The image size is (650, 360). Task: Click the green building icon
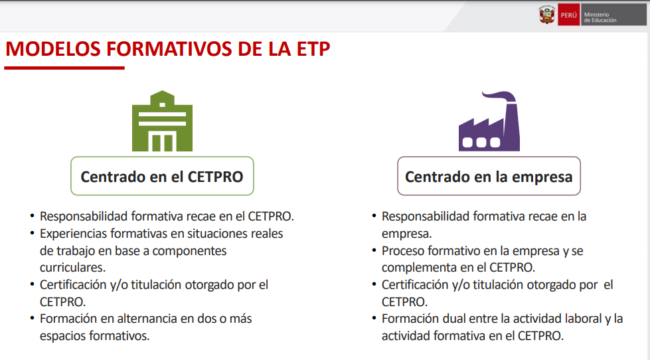point(162,121)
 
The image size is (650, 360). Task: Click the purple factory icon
point(489,121)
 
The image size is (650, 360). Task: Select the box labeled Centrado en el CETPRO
point(162,176)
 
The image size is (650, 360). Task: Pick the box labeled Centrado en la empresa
point(489,176)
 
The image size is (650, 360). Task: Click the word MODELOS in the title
point(53,49)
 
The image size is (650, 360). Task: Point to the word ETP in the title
point(313,49)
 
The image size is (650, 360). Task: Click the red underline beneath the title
point(64,68)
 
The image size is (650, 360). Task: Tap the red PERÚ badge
point(568,15)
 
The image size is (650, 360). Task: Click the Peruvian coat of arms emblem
point(547,15)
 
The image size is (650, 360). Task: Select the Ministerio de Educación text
point(600,17)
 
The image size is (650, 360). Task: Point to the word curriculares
point(72,268)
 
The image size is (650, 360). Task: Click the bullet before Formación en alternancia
point(32,319)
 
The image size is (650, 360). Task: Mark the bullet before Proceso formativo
point(374,250)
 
